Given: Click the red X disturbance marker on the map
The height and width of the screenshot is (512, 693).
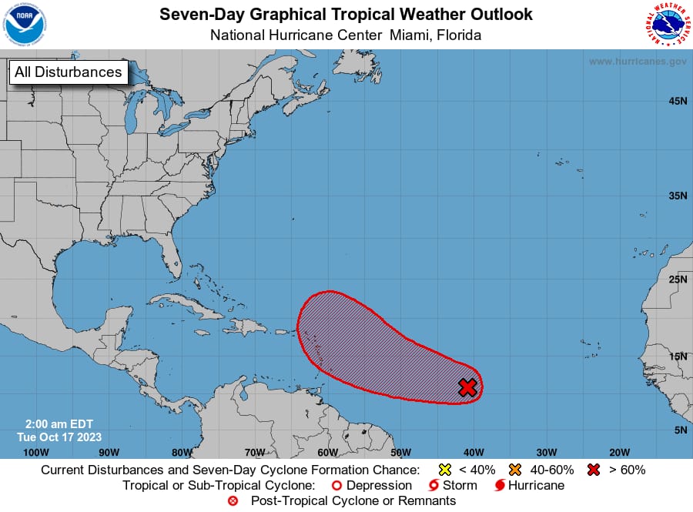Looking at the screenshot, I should (x=467, y=387).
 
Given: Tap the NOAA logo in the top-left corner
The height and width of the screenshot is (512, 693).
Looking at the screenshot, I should (x=25, y=24).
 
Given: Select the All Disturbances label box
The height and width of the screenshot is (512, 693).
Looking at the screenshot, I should (x=68, y=72).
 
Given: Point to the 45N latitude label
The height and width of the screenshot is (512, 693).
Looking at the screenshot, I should (x=678, y=101).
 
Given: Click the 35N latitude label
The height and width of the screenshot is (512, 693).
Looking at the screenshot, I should (x=678, y=196).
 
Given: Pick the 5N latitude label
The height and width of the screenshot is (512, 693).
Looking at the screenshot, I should (x=681, y=430).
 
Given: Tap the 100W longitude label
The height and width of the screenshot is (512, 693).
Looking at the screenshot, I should (x=35, y=452).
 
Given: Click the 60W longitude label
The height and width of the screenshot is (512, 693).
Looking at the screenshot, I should (x=327, y=452).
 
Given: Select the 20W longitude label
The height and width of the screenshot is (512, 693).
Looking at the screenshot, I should (x=619, y=452).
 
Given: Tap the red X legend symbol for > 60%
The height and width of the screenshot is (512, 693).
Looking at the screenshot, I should (x=594, y=470).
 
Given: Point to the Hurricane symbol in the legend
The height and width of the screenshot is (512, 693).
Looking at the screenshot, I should (x=499, y=486).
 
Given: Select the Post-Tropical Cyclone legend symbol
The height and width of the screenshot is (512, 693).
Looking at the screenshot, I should (x=233, y=501).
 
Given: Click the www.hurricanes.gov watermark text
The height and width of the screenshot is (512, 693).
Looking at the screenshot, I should (x=637, y=61).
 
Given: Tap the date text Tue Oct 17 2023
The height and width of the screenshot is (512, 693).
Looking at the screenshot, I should (x=59, y=437).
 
